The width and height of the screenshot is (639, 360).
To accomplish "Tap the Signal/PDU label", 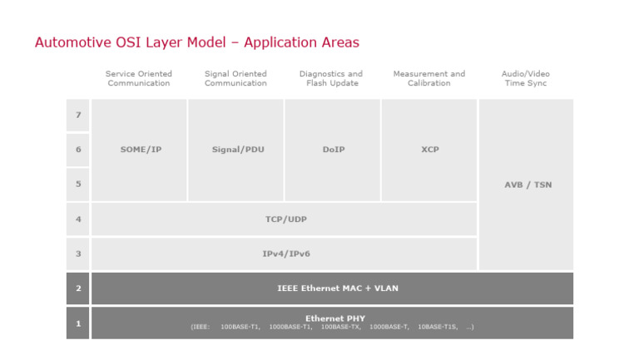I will (x=236, y=150).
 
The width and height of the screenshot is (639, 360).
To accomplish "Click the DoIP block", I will (x=333, y=150).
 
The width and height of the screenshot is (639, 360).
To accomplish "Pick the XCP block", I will (x=429, y=150).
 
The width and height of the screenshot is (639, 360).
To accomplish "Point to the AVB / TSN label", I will (x=527, y=185).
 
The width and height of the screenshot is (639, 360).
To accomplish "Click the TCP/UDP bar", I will (x=285, y=219).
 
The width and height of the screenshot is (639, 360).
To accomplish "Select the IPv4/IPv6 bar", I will (x=285, y=254).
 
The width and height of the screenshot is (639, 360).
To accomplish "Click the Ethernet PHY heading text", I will (x=334, y=318).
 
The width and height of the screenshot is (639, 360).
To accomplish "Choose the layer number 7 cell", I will (x=78, y=115).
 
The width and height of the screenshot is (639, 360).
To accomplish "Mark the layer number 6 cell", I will (x=78, y=150).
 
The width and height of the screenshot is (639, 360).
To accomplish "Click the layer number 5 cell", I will (x=78, y=185).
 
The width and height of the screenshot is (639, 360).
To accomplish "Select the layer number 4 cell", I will (x=78, y=219).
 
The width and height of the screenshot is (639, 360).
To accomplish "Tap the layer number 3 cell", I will (x=78, y=254).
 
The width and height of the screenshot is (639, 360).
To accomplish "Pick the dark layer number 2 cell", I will (x=78, y=288).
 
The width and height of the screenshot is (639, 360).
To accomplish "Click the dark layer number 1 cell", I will (x=78, y=323).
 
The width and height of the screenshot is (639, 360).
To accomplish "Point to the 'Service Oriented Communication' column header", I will (x=138, y=78).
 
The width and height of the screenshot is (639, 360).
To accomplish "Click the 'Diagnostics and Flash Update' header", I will (x=331, y=78).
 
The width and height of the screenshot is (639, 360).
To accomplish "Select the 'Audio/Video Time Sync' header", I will (x=526, y=78).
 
